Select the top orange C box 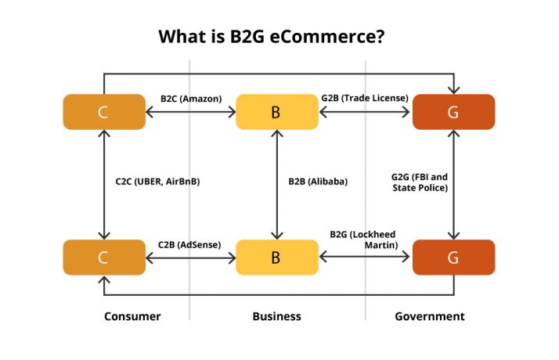click(x=103, y=112)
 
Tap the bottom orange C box click(x=103, y=257)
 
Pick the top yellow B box click(x=276, y=112)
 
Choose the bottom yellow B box click(x=276, y=257)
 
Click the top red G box click(x=453, y=112)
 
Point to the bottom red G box click(x=453, y=257)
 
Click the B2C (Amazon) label click(x=191, y=99)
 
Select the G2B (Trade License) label click(x=365, y=98)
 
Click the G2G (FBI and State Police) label click(x=420, y=182)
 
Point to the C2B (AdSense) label click(x=189, y=244)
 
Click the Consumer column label click(x=132, y=316)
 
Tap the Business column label click(x=276, y=316)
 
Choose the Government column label click(x=429, y=316)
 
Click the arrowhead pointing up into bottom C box click(x=103, y=279)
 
